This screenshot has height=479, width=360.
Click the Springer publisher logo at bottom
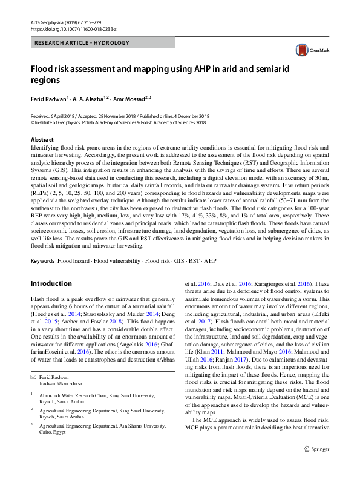click(317, 466)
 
